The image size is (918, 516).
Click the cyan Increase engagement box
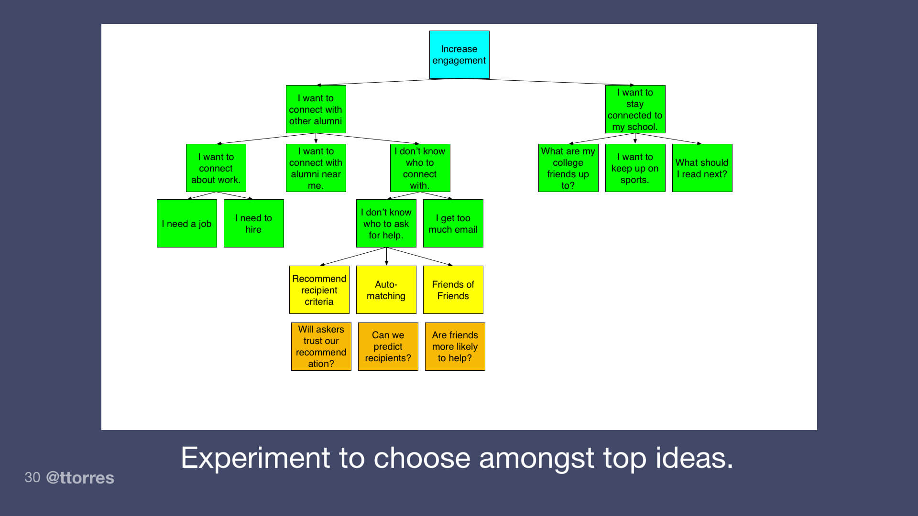pyautogui.click(x=459, y=54)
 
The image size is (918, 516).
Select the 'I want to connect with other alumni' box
pyautogui.click(x=316, y=109)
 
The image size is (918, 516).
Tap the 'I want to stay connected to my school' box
pyautogui.click(x=635, y=109)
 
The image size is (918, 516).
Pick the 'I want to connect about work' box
pyautogui.click(x=216, y=168)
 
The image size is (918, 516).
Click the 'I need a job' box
pyautogui.click(x=186, y=224)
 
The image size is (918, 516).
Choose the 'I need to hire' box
pyautogui.click(x=253, y=224)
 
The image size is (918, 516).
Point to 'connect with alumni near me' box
pyautogui.click(x=316, y=168)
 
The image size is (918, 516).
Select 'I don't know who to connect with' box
pyautogui.click(x=420, y=168)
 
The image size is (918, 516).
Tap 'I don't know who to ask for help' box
pyautogui.click(x=386, y=224)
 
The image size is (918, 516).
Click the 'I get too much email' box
pyautogui.click(x=453, y=224)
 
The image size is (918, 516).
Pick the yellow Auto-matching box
pyautogui.click(x=386, y=290)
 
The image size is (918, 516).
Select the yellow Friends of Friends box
pyautogui.click(x=453, y=290)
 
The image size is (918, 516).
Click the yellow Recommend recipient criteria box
pyautogui.click(x=319, y=290)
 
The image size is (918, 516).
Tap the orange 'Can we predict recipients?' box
pyautogui.click(x=388, y=346)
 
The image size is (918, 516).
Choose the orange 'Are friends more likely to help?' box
pyautogui.click(x=455, y=346)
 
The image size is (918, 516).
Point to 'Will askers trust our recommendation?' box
pyautogui.click(x=321, y=346)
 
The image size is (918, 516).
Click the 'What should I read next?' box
pyautogui.click(x=702, y=168)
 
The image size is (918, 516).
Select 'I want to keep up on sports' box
pyautogui.click(x=635, y=168)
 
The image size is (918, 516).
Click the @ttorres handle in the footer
pyautogui.click(x=80, y=478)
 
